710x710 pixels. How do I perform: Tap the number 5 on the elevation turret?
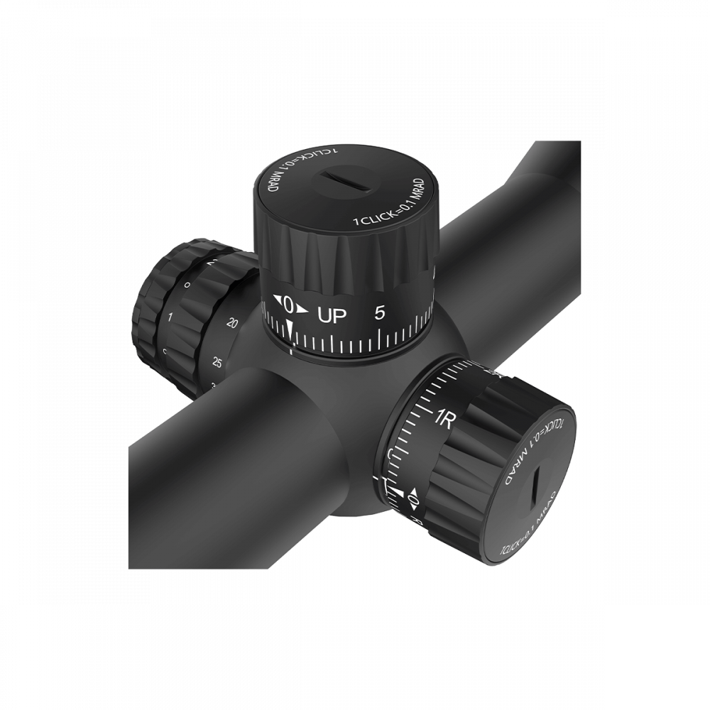point(379,312)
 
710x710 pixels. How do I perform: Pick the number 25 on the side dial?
point(217,364)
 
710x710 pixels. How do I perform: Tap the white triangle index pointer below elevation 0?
point(290,329)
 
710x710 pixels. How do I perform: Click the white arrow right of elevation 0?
point(304,309)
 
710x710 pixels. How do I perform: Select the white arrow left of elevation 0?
point(276,301)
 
